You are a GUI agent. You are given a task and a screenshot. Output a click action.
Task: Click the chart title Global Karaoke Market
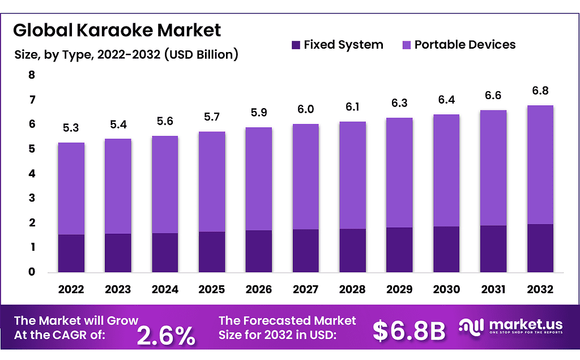click(117, 29)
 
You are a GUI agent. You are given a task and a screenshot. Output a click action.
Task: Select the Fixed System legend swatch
click(295, 45)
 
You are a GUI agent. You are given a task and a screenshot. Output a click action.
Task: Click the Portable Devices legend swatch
click(406, 45)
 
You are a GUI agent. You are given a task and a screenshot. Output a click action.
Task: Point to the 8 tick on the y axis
click(32, 75)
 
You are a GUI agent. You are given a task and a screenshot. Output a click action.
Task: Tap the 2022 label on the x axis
click(71, 290)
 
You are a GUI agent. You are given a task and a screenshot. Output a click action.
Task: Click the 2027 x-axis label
click(305, 290)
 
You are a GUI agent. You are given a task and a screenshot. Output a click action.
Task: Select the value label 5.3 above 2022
click(71, 128)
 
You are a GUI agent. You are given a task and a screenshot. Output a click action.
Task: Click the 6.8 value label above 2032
click(540, 91)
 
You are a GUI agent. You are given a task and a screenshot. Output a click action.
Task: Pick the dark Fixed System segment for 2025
click(212, 252)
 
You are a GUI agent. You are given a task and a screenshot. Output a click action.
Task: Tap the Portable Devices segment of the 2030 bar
click(446, 170)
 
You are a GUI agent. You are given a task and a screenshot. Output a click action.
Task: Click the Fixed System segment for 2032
click(540, 248)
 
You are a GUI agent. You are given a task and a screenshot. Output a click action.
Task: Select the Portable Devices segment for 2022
click(71, 188)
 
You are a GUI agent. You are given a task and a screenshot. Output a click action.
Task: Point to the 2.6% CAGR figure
click(167, 336)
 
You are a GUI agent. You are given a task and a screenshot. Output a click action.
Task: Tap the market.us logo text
click(525, 324)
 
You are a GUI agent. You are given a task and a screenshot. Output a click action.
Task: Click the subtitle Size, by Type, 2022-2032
click(125, 55)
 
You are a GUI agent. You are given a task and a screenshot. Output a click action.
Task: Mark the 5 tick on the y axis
click(32, 149)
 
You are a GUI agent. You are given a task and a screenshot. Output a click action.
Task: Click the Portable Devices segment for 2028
click(352, 175)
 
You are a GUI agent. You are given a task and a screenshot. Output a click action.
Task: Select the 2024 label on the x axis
click(165, 290)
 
